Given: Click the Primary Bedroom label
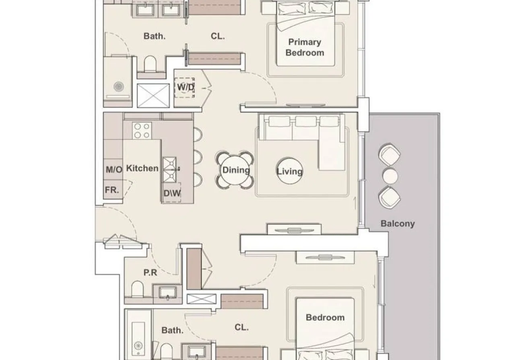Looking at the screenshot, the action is [x=305, y=47].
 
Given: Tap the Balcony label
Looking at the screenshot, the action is [x=398, y=223].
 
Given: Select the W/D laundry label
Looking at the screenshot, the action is [x=186, y=87].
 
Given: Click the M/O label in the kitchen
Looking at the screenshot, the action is [x=114, y=169].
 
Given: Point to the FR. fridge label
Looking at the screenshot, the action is [x=112, y=190].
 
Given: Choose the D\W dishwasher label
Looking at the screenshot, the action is [x=172, y=193].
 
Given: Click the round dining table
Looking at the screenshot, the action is [x=235, y=170].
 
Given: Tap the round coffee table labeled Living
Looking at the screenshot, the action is [x=290, y=171].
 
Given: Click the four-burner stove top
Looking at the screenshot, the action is [x=142, y=130].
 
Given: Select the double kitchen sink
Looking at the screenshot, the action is [x=170, y=170].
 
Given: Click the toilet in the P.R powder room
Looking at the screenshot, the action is [x=137, y=289].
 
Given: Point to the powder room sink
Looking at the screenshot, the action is [x=167, y=293].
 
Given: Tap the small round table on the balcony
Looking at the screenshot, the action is [x=390, y=176].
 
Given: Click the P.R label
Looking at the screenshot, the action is [x=150, y=273].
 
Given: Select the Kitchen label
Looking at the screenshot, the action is [x=142, y=168].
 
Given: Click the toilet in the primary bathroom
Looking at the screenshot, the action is [x=150, y=64].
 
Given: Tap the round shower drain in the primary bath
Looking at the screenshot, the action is [x=119, y=87].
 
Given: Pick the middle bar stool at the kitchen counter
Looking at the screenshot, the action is [x=198, y=157].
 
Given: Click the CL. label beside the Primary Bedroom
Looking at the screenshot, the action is [x=218, y=36].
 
